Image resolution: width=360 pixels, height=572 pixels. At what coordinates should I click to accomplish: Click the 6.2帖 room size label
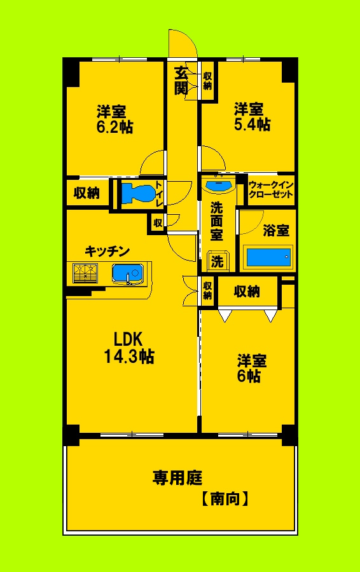pyautogui.click(x=114, y=126)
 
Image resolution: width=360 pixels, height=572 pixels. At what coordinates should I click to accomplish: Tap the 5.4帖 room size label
pyautogui.click(x=252, y=124)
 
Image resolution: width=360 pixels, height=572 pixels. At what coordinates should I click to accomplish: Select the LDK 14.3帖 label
pyautogui.click(x=128, y=357)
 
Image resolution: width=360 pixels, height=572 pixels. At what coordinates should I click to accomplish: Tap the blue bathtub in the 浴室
pyautogui.click(x=268, y=257)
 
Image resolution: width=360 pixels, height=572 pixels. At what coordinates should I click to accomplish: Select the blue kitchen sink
pyautogui.click(x=127, y=273)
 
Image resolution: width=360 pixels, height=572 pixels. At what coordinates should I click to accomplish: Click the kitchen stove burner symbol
pyautogui.click(x=85, y=273)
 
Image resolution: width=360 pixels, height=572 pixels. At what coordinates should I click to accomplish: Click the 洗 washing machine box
pyautogui.click(x=218, y=261)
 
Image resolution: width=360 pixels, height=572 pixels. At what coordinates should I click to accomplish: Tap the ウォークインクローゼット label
pyautogui.click(x=271, y=189)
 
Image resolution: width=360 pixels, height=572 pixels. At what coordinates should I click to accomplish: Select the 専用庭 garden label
pyautogui.click(x=172, y=477)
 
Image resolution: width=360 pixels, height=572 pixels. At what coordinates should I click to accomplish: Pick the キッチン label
pyautogui.click(x=107, y=251)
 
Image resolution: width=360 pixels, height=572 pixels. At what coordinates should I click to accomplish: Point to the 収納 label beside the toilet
pyautogui.click(x=86, y=193)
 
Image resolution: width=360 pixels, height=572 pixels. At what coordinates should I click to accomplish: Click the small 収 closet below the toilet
pyautogui.click(x=157, y=222)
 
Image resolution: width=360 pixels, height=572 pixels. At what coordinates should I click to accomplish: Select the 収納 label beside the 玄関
pyautogui.click(x=207, y=81)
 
